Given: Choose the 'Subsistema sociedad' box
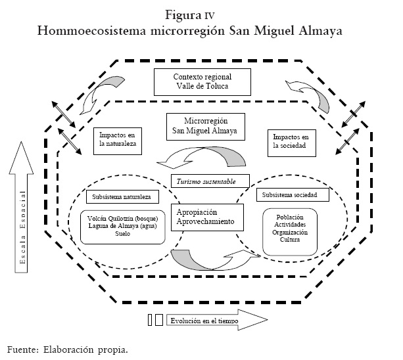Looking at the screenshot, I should click(x=290, y=196).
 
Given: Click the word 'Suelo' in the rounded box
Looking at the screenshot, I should click(x=123, y=233).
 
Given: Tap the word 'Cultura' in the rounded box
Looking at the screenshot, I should click(x=290, y=240).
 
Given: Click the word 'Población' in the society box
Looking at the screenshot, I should click(x=290, y=217).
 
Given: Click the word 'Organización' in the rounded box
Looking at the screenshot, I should click(x=290, y=232).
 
